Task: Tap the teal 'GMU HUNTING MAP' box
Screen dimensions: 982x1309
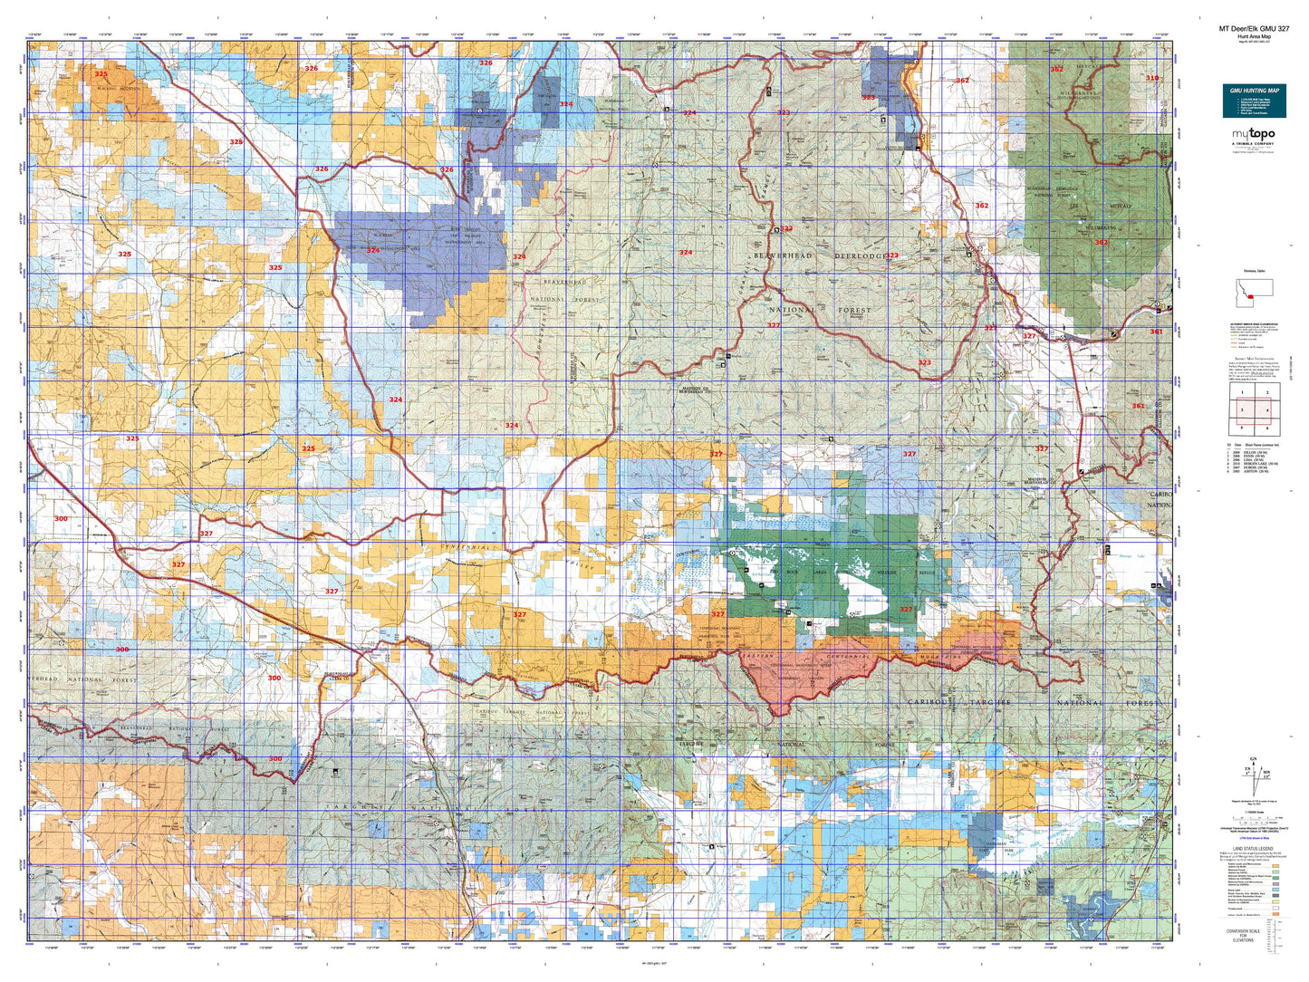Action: point(1254,101)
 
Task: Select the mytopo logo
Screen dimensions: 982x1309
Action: point(1254,136)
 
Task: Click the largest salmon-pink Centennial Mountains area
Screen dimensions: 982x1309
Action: point(806,675)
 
